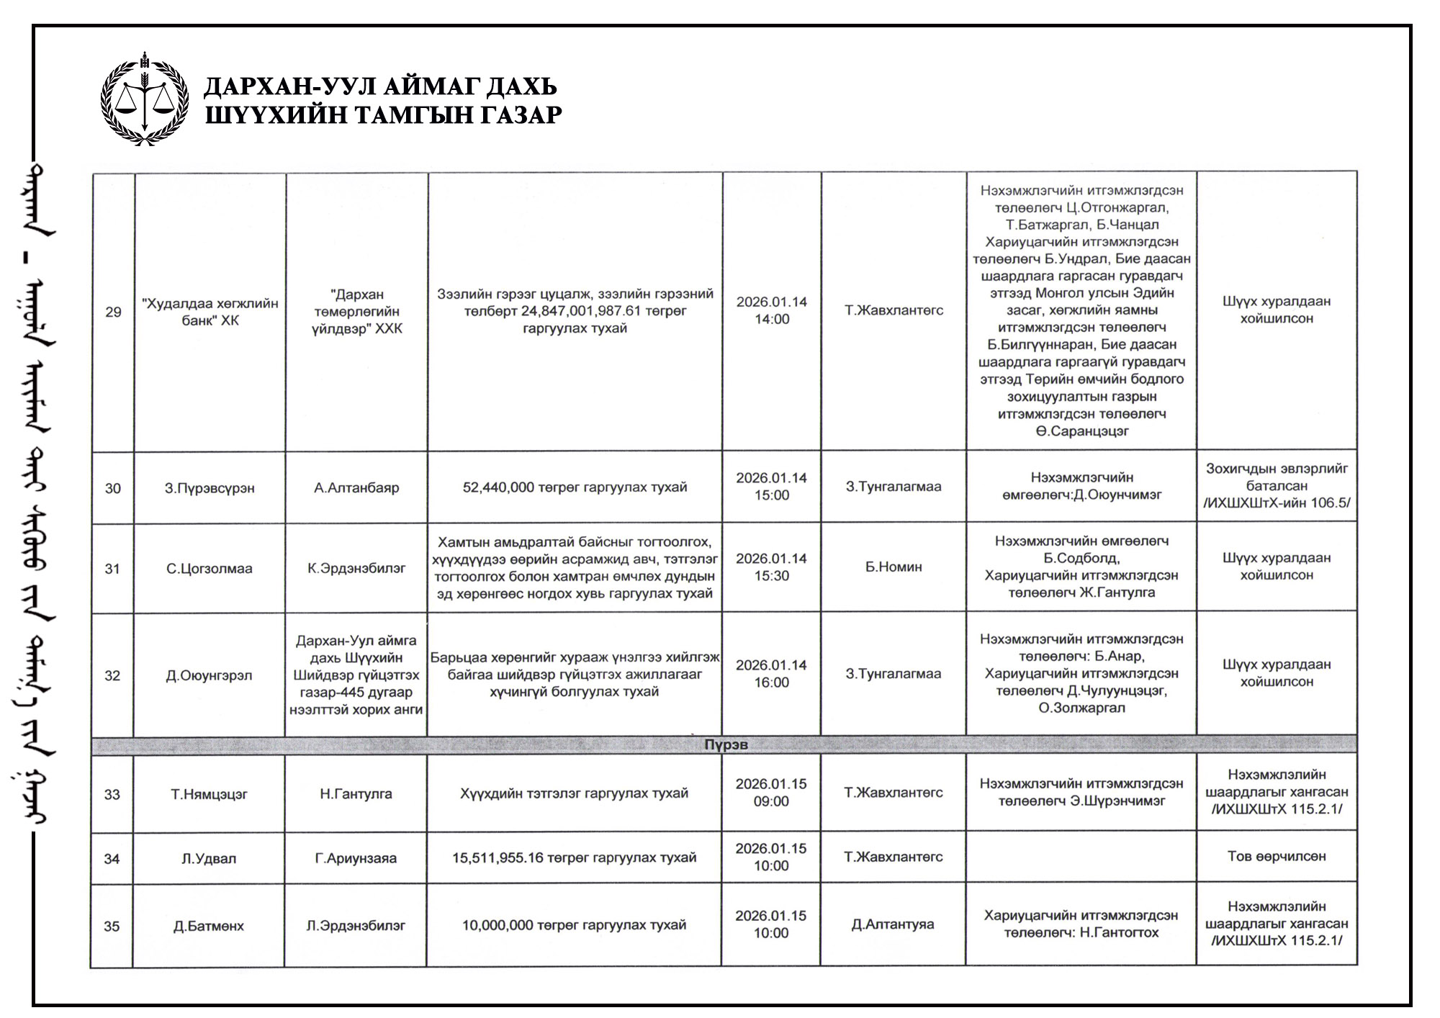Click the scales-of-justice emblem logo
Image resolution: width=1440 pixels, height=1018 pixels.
click(145, 99)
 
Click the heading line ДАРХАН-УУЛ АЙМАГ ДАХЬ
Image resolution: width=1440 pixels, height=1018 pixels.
click(380, 87)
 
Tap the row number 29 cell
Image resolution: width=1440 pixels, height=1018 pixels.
click(113, 312)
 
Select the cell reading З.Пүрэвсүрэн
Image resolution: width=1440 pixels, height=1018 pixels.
click(210, 488)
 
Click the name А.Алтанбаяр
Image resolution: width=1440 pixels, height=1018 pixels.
click(356, 487)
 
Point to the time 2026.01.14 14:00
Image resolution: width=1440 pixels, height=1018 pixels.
click(772, 310)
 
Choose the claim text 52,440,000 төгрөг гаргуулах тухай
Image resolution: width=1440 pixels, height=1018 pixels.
click(575, 487)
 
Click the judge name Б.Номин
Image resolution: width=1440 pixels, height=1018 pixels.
click(894, 567)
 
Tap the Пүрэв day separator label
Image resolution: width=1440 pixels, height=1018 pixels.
click(725, 744)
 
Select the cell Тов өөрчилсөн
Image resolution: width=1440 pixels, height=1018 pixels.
click(1277, 856)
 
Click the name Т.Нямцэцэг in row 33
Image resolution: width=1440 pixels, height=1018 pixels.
click(209, 794)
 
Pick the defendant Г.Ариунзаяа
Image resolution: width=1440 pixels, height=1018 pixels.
click(356, 858)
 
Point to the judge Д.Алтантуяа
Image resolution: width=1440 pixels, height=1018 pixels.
click(893, 924)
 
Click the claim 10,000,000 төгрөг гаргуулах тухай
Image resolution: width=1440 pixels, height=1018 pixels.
click(574, 925)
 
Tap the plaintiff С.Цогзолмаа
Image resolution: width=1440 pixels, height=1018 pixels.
click(210, 569)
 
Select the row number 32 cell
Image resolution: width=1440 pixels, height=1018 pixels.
click(112, 675)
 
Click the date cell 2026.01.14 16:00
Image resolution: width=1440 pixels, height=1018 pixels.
click(771, 674)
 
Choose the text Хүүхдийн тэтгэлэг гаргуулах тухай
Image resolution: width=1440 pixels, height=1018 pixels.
click(574, 793)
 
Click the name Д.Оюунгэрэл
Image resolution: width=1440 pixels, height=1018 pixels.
click(209, 675)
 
